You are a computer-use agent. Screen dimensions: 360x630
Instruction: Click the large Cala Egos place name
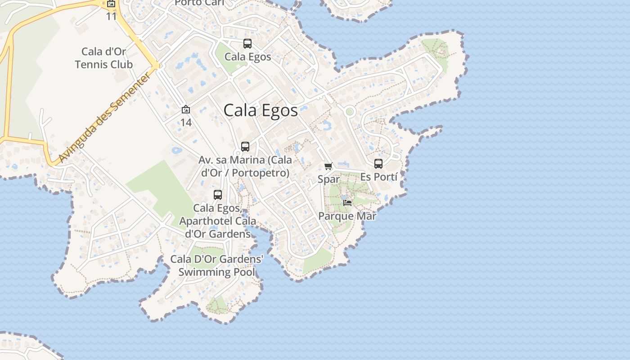tap(261, 110)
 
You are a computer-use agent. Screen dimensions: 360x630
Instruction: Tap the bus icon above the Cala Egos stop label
tap(247, 44)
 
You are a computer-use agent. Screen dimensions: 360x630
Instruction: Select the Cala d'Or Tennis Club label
tap(104, 58)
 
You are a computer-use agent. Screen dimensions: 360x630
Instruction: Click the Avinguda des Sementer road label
tap(105, 118)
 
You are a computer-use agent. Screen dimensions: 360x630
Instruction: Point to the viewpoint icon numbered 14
tap(185, 109)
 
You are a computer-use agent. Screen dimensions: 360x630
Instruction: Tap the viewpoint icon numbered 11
tap(111, 4)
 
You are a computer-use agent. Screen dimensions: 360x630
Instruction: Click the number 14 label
tap(186, 122)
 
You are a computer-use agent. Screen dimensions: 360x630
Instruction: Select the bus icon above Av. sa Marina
tap(245, 147)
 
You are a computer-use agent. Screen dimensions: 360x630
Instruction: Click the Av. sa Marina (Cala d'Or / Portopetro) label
tap(245, 166)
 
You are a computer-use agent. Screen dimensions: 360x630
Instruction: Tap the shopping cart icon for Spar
tap(328, 166)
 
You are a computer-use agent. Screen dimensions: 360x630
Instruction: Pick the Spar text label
tap(328, 179)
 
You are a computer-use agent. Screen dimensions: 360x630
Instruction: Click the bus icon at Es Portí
tap(378, 164)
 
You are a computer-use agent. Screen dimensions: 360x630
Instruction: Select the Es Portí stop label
tap(379, 177)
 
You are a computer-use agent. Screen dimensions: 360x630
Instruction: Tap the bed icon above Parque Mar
tap(347, 203)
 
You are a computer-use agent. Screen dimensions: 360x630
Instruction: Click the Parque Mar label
tap(347, 216)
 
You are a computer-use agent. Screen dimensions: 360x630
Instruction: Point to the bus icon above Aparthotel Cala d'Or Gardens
tap(218, 195)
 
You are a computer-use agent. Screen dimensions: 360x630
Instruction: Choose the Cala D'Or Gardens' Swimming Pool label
tap(216, 265)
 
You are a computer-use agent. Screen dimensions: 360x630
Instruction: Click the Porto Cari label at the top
tap(199, 3)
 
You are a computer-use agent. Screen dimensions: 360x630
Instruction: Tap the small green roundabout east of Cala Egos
tap(350, 111)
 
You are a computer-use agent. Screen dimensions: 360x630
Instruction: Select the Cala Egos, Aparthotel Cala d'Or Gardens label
tap(217, 221)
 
